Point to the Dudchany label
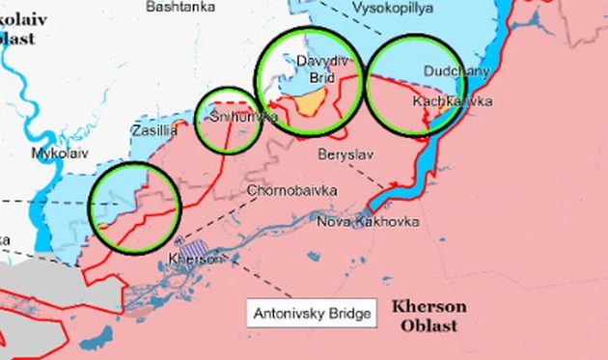456,71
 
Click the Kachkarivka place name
452,100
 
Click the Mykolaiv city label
59,153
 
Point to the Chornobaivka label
291,191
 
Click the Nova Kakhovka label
368,222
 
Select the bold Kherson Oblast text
428,316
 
